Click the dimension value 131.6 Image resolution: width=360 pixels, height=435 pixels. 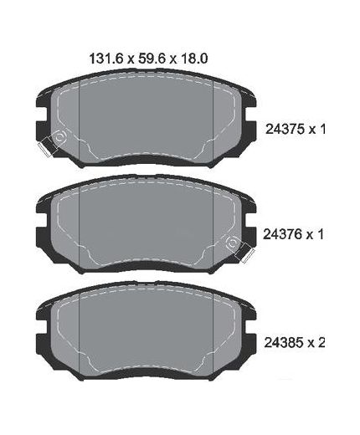[x=106, y=59]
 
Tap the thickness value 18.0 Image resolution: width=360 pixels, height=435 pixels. [x=194, y=59]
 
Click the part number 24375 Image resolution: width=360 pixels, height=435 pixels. [x=285, y=130]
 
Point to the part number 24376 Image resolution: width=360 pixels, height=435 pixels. [x=283, y=234]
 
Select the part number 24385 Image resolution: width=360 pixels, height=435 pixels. [x=284, y=343]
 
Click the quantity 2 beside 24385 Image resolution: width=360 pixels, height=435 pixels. [x=321, y=343]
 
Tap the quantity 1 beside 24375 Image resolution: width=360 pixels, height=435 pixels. [x=322, y=130]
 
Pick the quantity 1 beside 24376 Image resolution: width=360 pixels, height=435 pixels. [x=321, y=234]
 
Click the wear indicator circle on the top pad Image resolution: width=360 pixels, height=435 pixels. [x=59, y=137]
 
